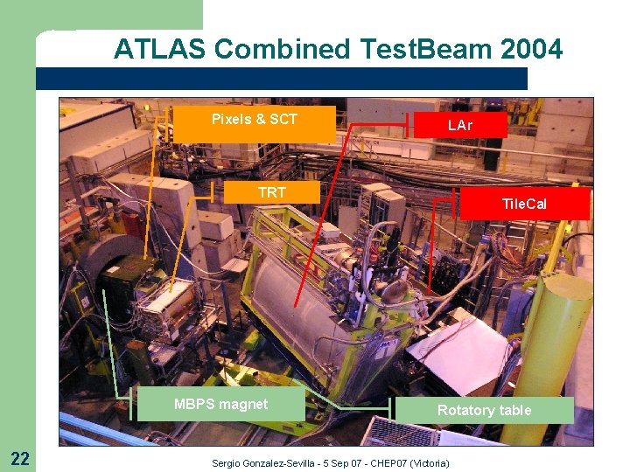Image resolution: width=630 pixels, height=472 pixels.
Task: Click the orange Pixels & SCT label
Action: [255, 120]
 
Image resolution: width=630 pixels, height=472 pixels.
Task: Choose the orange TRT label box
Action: [271, 192]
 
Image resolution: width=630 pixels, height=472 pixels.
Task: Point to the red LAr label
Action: [459, 125]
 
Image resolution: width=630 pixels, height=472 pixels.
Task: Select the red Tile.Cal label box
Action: [523, 205]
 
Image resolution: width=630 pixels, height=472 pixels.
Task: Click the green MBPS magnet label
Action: [220, 404]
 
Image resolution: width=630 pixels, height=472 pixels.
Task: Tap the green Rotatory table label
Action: [484, 410]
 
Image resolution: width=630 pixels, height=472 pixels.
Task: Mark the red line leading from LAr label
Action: [324, 219]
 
